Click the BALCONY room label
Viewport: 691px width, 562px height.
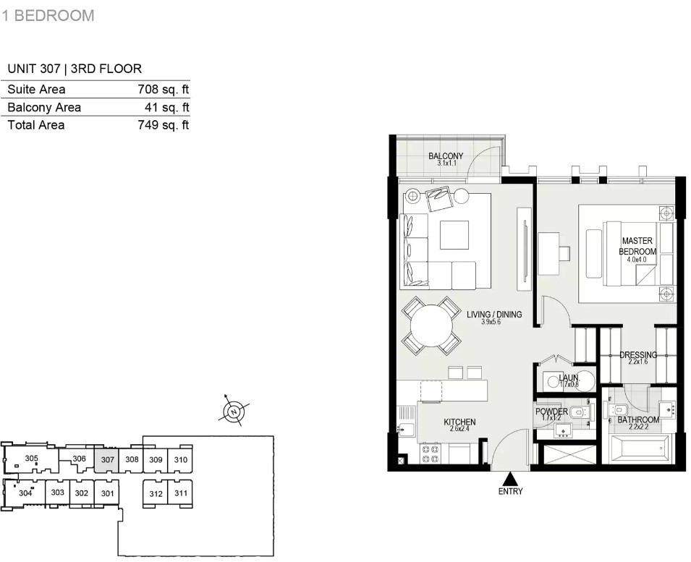pyautogui.click(x=446, y=156)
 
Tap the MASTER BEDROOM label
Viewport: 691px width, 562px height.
pyautogui.click(x=637, y=246)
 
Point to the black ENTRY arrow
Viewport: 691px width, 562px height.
pyautogui.click(x=510, y=478)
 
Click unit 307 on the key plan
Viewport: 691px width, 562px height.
pyautogui.click(x=107, y=460)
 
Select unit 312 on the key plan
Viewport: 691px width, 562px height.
pyautogui.click(x=156, y=494)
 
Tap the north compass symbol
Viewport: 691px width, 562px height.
pyautogui.click(x=234, y=412)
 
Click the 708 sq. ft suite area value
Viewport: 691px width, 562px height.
pyautogui.click(x=163, y=90)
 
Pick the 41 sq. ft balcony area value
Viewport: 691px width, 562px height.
pyautogui.click(x=167, y=108)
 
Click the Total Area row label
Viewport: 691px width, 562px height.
pyautogui.click(x=36, y=125)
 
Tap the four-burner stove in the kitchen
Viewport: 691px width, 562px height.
pyautogui.click(x=431, y=454)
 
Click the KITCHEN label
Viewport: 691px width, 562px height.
pyautogui.click(x=459, y=422)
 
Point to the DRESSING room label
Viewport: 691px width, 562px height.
pyautogui.click(x=638, y=354)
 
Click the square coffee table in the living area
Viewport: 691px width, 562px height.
pyautogui.click(x=454, y=235)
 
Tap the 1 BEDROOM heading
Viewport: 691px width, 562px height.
pyautogui.click(x=48, y=15)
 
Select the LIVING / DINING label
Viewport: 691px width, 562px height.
pyautogui.click(x=494, y=315)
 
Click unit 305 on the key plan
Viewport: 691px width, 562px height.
pyautogui.click(x=31, y=458)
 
